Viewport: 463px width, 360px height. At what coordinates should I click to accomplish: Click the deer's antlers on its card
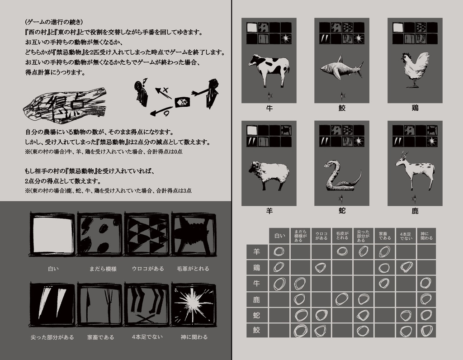(404, 155)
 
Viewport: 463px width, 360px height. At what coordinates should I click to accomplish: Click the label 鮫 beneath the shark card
(342, 108)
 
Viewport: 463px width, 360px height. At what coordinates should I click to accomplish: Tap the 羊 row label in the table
(256, 252)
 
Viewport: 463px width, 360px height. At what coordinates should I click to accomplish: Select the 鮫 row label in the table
(256, 330)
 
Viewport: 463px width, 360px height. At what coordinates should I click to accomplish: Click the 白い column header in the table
(279, 235)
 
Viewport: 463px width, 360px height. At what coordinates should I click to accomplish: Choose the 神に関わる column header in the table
(426, 235)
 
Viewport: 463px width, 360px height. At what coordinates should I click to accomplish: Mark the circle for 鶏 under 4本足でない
(406, 267)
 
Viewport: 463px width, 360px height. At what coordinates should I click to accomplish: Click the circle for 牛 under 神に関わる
(425, 283)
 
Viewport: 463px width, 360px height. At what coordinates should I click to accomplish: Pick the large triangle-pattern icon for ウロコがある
(146, 234)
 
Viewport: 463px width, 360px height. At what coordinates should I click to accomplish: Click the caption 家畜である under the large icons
(100, 337)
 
